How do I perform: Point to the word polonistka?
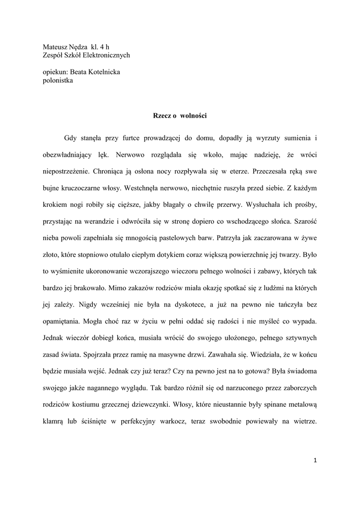pos(58,81)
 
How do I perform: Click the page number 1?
pos(315,460)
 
